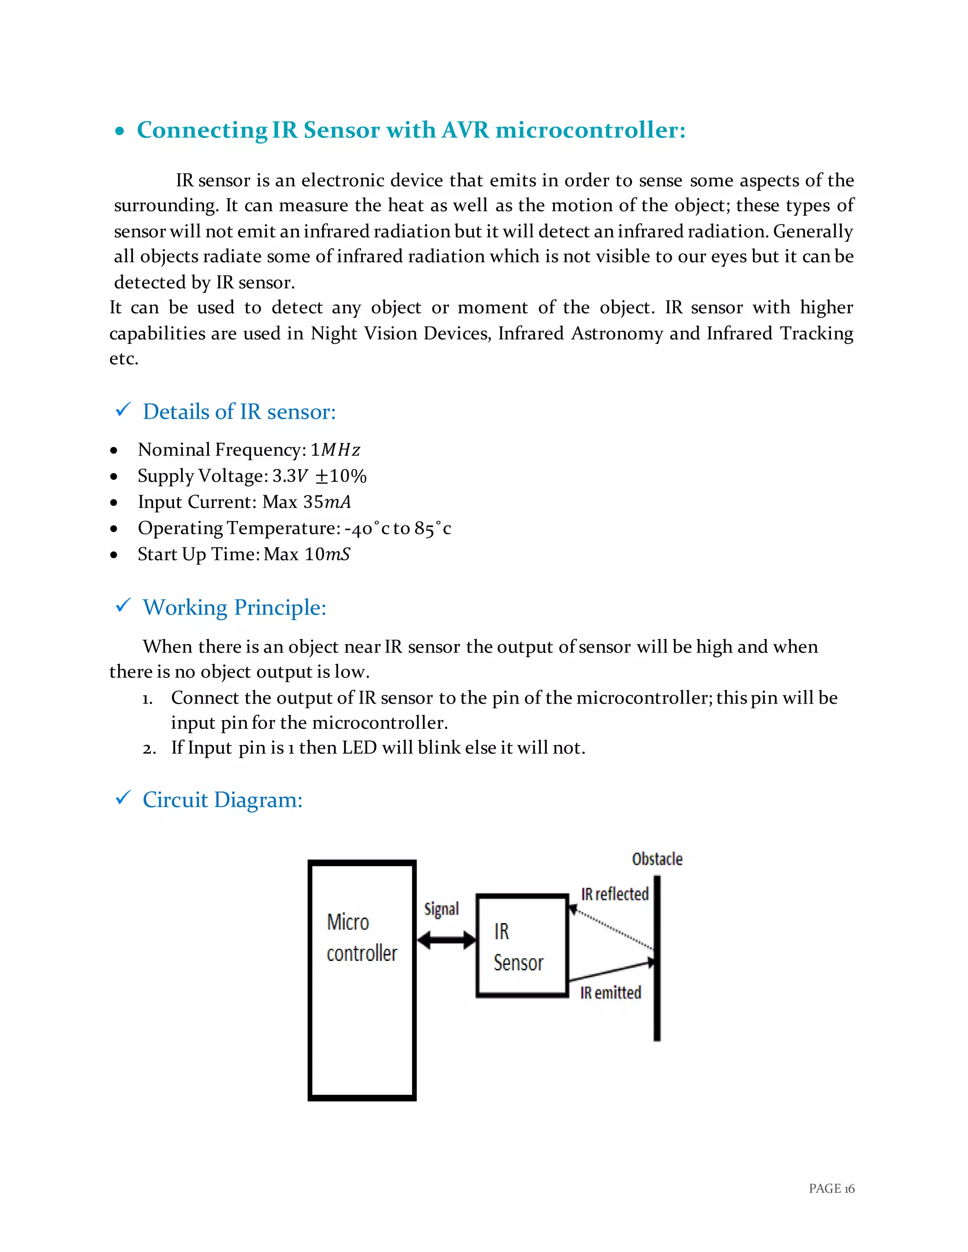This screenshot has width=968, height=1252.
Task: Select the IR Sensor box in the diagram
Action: pos(522,946)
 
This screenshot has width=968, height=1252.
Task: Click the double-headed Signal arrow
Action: pos(446,940)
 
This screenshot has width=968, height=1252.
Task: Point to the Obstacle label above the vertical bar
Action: pos(657,859)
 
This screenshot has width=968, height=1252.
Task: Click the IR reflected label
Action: pos(615,894)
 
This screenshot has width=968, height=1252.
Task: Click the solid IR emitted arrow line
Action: pos(611,970)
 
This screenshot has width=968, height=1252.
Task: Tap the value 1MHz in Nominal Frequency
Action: pos(335,450)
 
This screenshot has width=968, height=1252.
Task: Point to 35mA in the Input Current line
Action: pos(326,502)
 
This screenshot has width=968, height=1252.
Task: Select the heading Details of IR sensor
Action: pos(239,412)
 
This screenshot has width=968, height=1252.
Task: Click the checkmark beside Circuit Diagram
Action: pos(123,798)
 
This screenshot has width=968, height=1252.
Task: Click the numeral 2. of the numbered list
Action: pos(149,749)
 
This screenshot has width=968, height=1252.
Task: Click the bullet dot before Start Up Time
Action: pos(114,555)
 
